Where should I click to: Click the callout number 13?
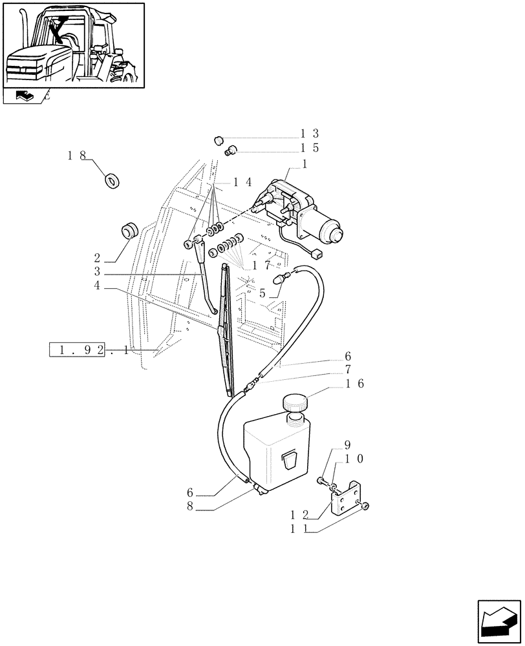[x=309, y=134]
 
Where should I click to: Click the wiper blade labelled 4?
[x=227, y=329]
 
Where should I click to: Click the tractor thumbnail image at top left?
[x=73, y=44]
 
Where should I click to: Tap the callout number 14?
[x=243, y=183]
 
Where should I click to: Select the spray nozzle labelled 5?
[x=281, y=279]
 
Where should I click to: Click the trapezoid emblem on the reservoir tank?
[x=288, y=461]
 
